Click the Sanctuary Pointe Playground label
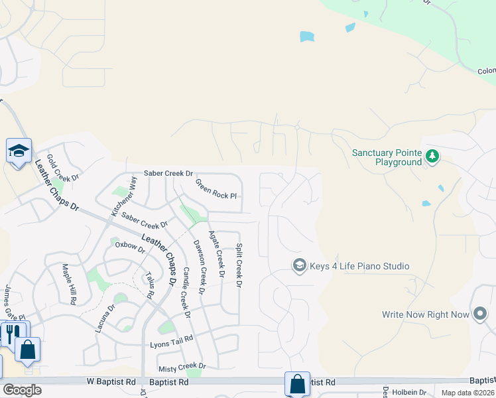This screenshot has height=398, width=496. pos(387,157)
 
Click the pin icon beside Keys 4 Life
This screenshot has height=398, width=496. pos(299,265)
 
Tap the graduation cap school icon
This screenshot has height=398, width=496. pos(19,151)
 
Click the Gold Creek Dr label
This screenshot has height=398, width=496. pos(63,169)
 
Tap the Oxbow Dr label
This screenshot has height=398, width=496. pos(129,245)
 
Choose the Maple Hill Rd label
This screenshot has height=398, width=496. pos(69,284)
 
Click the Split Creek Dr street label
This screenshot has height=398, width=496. pos(239,266)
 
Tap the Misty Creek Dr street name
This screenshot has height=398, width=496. pos(182,366)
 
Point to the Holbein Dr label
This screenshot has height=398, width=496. pos(409,393)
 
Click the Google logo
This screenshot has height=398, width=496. pos(22,390)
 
